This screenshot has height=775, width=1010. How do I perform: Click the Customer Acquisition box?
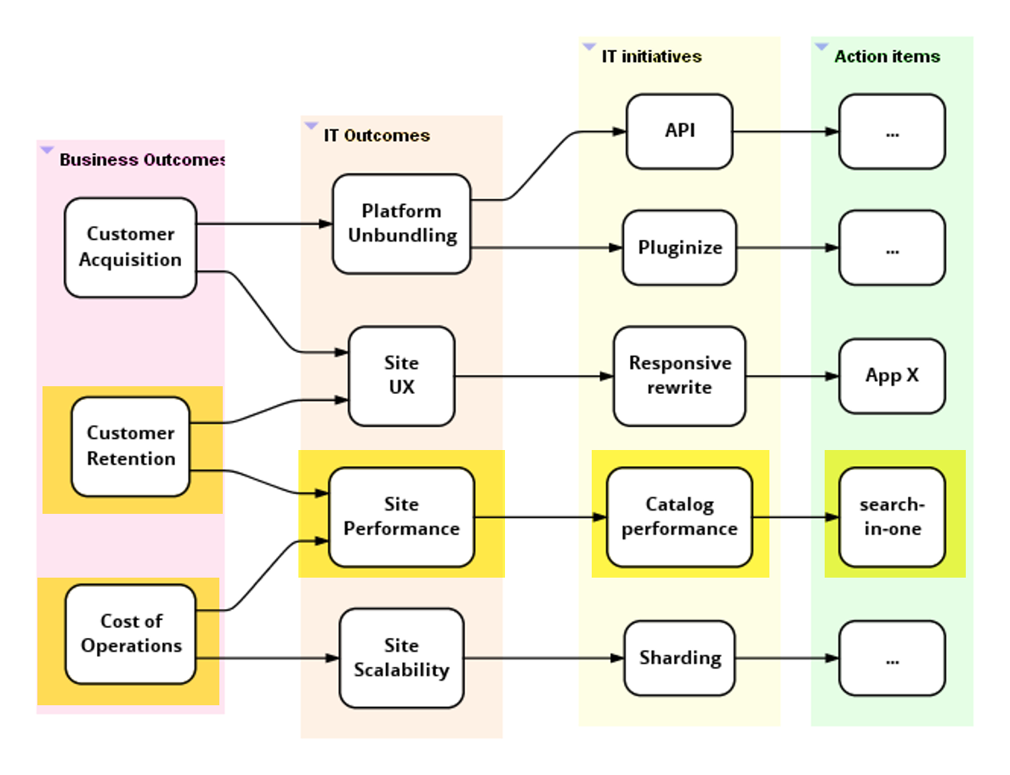click(x=130, y=248)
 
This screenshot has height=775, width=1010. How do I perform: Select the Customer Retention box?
click(x=130, y=447)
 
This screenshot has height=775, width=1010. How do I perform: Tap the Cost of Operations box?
click(x=130, y=634)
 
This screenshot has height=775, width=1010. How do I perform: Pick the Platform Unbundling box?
click(x=401, y=224)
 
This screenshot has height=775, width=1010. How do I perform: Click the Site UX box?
click(x=401, y=375)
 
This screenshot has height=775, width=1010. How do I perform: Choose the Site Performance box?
click(x=401, y=516)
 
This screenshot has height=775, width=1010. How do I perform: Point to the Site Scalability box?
click(x=401, y=658)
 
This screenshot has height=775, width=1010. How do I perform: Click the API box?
click(x=679, y=131)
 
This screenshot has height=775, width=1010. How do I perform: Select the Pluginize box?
click(x=679, y=248)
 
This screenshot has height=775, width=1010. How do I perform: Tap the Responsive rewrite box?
click(x=679, y=375)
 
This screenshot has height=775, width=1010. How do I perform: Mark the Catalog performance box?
click(x=679, y=516)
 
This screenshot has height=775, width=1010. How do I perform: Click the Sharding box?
click(x=679, y=658)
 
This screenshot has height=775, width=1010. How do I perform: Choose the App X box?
click(x=892, y=375)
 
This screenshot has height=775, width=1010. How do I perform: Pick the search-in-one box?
click(x=892, y=516)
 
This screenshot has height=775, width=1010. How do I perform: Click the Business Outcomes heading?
click(x=142, y=160)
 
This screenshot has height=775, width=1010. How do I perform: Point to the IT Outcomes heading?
click(x=377, y=135)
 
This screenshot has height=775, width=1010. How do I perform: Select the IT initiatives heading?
click(x=651, y=57)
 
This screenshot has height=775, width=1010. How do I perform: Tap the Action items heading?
click(x=887, y=57)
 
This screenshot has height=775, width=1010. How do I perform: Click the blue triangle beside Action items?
click(x=821, y=47)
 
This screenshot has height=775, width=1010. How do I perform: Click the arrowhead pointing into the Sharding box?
click(x=617, y=658)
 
